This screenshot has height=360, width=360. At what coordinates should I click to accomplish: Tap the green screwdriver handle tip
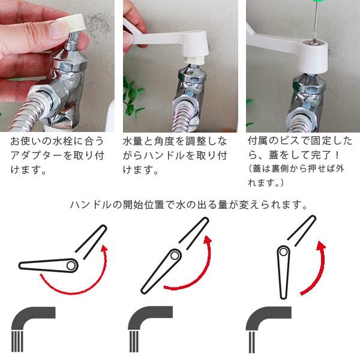click(x=316, y=2)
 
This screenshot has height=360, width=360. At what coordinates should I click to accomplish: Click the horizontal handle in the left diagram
click(x=49, y=266)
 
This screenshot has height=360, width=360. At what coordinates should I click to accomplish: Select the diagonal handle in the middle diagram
click(x=161, y=272)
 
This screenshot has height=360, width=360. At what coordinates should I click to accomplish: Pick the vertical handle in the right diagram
click(x=284, y=272)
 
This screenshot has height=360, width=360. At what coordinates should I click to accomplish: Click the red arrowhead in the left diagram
click(x=104, y=249)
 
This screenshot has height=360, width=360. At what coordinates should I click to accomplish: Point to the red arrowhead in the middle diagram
click(x=208, y=240)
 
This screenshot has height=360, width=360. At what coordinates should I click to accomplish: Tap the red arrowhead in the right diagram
click(x=321, y=245)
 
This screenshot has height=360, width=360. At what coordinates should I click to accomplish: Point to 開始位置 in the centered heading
click(x=143, y=205)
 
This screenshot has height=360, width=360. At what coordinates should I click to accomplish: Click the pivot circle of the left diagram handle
click(x=71, y=266)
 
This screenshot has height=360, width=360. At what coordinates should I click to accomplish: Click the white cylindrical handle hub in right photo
click(x=313, y=56)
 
